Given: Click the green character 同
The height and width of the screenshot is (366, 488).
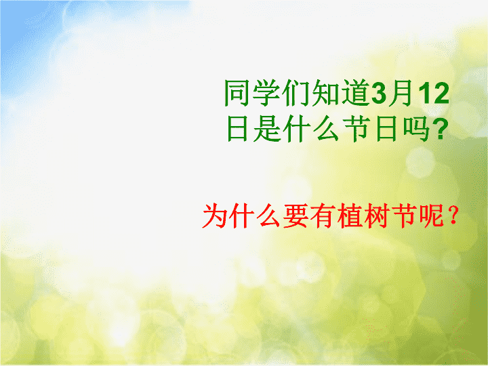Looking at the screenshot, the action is pos(237,93).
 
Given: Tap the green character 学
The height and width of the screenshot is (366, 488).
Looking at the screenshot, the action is pos(266,93).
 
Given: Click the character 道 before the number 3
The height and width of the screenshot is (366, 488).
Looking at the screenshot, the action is pos(355,93).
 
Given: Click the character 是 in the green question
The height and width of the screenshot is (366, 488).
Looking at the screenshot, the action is pos(268,129).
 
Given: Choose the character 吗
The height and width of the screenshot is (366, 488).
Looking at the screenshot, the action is pos(418,129).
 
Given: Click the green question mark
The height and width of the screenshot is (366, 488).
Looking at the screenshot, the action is pos(441,129).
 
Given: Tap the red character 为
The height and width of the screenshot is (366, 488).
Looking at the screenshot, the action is pos(215,216).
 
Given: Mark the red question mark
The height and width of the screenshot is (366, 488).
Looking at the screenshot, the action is pos(453,216).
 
